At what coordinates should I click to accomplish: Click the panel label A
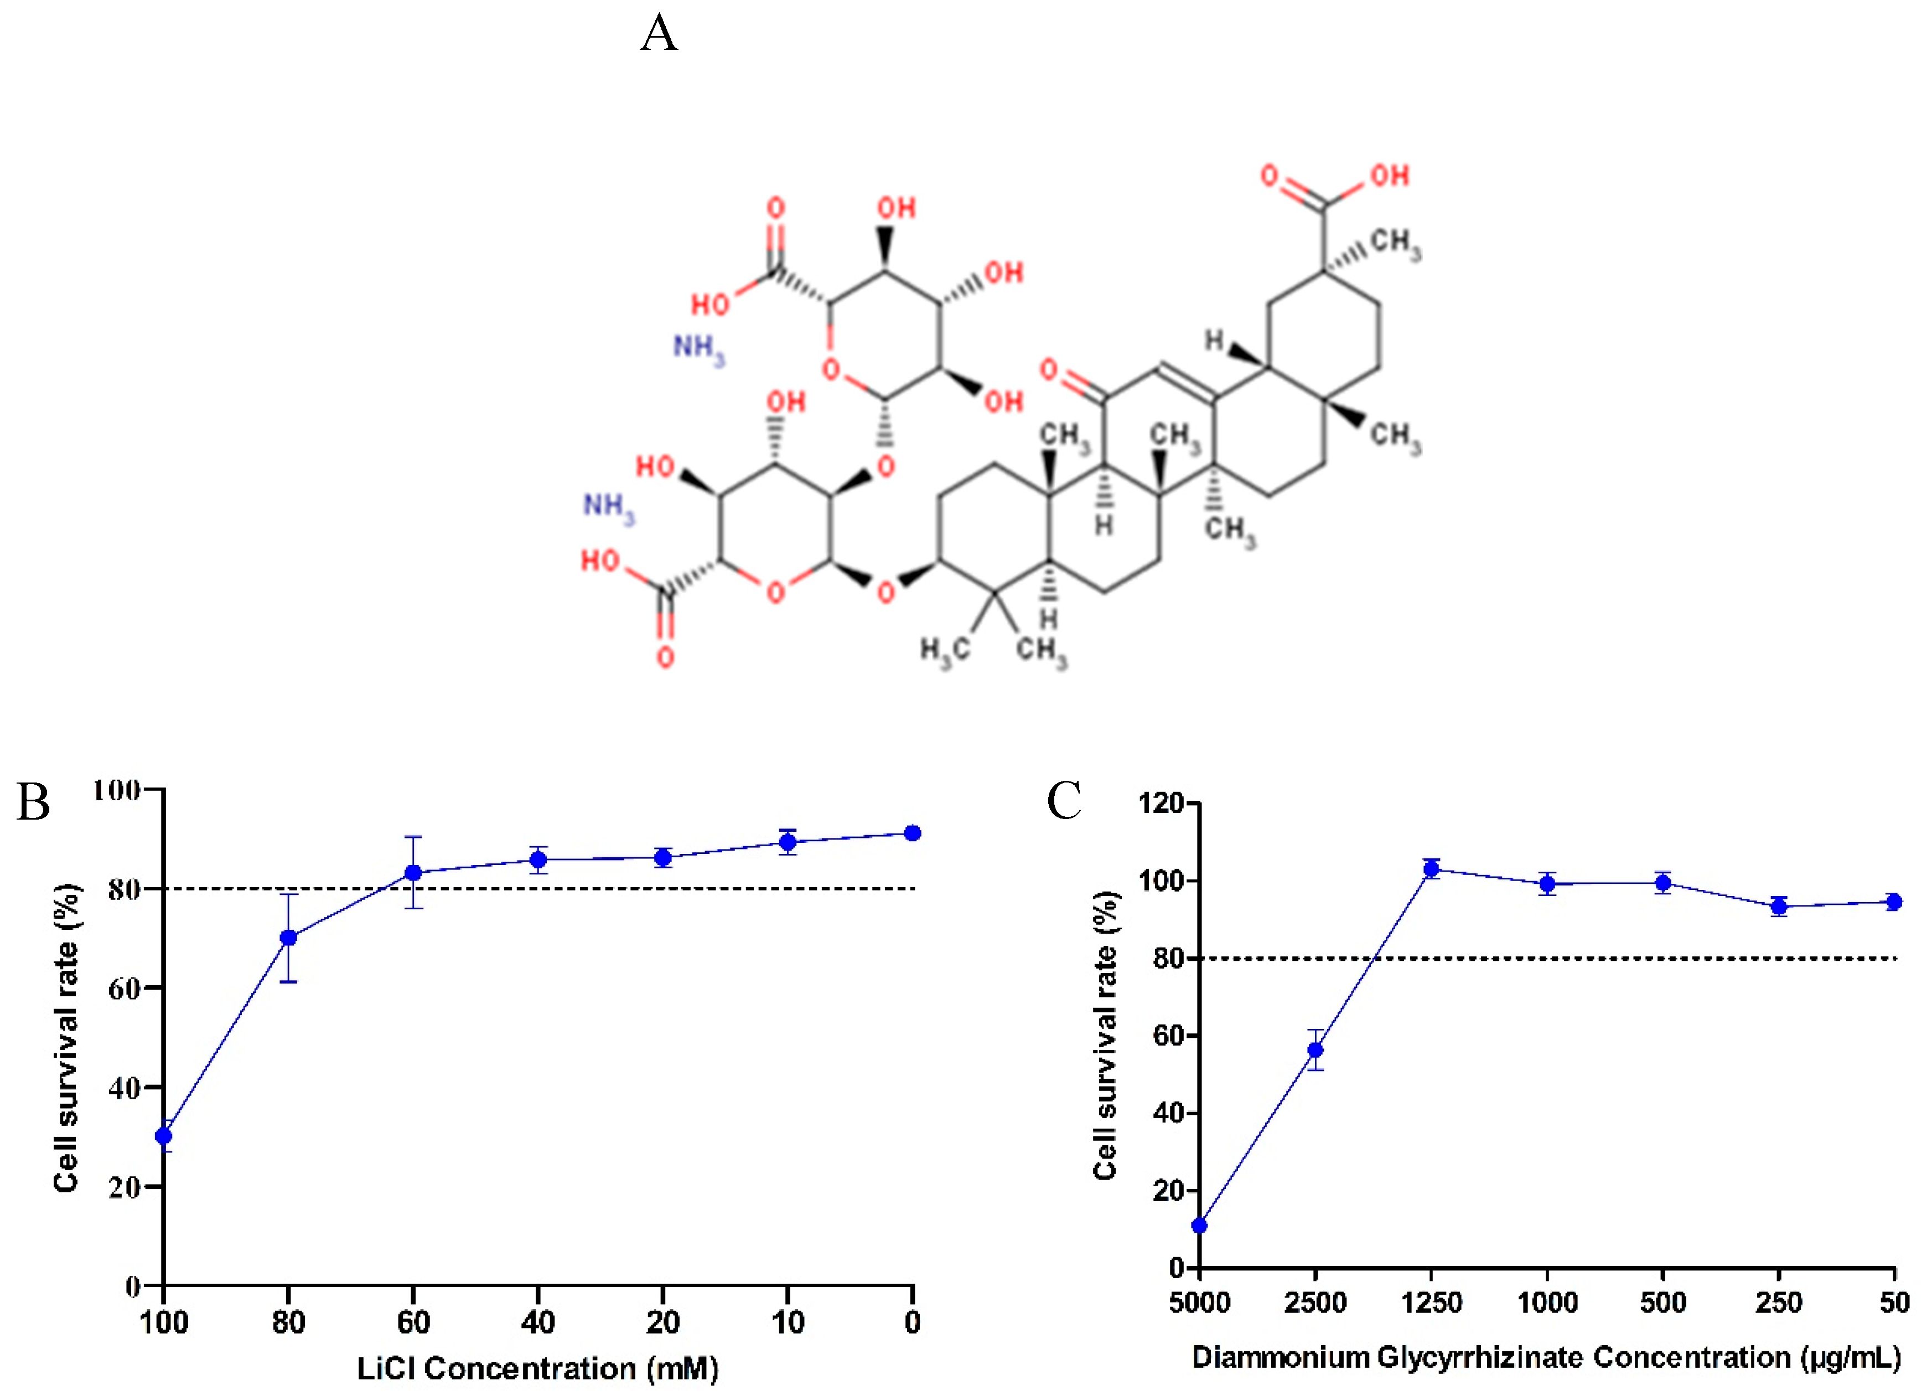(x=659, y=34)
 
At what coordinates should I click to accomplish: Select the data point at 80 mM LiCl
(x=289, y=938)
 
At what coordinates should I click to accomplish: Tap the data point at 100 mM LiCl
(x=164, y=1135)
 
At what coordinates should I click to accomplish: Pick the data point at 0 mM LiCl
(x=913, y=832)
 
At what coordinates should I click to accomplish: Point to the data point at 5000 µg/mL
(x=1199, y=1226)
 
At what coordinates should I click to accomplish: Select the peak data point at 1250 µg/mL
(x=1432, y=868)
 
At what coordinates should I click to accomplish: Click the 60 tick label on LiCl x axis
(x=413, y=1322)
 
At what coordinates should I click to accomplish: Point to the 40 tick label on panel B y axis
(x=125, y=1087)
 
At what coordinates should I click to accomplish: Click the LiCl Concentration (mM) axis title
(x=537, y=1368)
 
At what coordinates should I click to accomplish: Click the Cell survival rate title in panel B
(x=66, y=1037)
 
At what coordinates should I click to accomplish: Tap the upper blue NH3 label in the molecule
(x=698, y=348)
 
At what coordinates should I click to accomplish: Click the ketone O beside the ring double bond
(x=1049, y=370)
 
